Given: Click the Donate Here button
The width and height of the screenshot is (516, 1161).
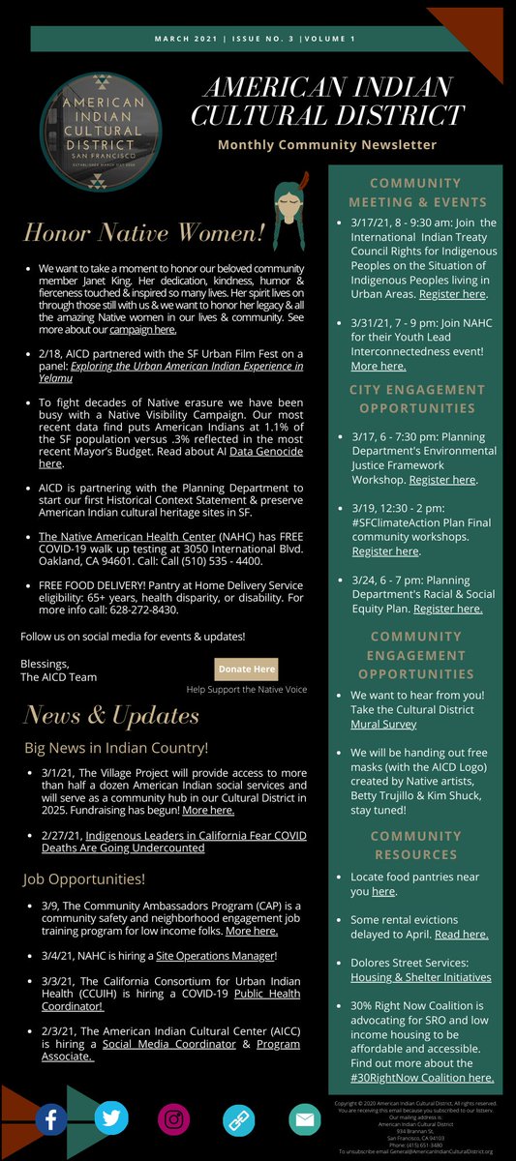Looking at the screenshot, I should click(x=247, y=669).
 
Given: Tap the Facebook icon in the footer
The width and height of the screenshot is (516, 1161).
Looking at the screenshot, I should click(x=51, y=1119).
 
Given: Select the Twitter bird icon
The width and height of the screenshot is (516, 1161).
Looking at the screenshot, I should click(x=111, y=1118).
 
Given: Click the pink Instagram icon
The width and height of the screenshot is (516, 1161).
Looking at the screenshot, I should click(x=174, y=1119).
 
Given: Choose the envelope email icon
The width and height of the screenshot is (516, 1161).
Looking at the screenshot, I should click(x=304, y=1119).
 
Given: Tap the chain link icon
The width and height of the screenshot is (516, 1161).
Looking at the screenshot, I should click(x=238, y=1119).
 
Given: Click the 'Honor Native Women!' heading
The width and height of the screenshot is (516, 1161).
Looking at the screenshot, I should click(x=144, y=233).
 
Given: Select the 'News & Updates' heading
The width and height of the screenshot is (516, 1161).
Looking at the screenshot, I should click(x=111, y=715).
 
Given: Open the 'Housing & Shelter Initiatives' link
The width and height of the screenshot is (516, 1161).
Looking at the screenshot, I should click(x=420, y=977).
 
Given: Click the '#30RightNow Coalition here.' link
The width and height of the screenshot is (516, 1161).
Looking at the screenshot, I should click(x=422, y=1077).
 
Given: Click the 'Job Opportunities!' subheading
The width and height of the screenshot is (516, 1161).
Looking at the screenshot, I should click(x=84, y=879).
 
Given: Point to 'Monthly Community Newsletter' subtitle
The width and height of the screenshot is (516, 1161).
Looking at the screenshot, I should click(x=327, y=145).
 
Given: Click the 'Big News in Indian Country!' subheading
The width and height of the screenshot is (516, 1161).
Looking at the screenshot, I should click(x=116, y=748).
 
